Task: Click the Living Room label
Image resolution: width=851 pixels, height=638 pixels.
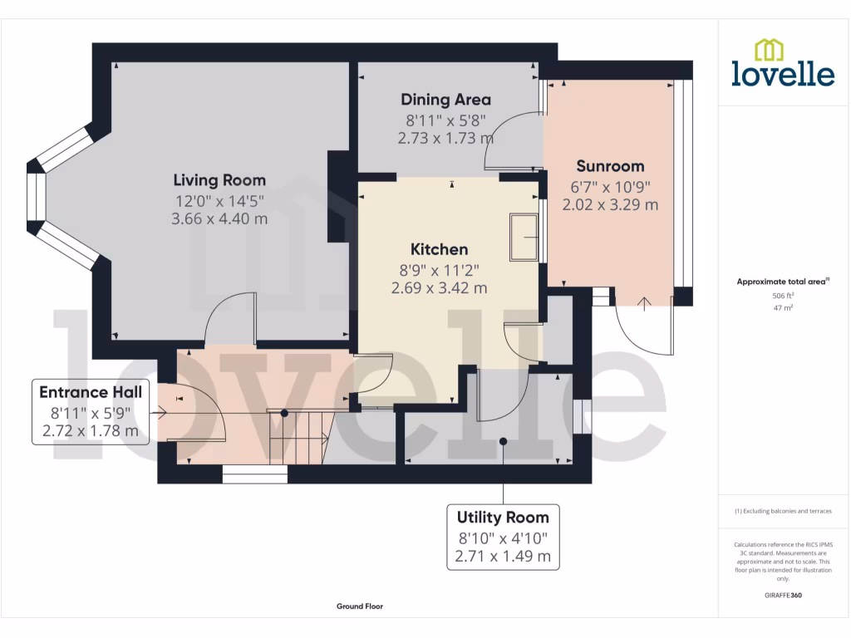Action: point(219,179)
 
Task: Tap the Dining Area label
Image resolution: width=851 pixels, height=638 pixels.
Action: point(445,100)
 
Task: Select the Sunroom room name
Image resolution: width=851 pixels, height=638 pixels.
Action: point(610,165)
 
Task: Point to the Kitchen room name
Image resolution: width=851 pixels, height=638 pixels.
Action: point(439,248)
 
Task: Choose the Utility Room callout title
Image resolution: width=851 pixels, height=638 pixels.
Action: point(503,518)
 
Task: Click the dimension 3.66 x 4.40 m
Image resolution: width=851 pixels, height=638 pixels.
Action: point(219,219)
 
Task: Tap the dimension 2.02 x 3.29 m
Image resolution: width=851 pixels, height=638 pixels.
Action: point(610,204)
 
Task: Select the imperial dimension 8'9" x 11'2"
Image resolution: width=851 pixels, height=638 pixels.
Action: point(439,269)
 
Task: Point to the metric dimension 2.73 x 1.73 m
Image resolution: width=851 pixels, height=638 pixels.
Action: point(445,139)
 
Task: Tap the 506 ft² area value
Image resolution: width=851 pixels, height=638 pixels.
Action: point(783,295)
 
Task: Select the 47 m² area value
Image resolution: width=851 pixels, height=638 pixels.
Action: point(783,307)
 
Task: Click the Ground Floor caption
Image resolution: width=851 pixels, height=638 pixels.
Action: point(360,606)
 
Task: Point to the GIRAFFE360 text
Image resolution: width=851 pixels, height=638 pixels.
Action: point(783,596)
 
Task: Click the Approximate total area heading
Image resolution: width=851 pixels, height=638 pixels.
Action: point(782,282)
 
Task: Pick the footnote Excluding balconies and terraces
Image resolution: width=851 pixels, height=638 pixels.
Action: point(783,511)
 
